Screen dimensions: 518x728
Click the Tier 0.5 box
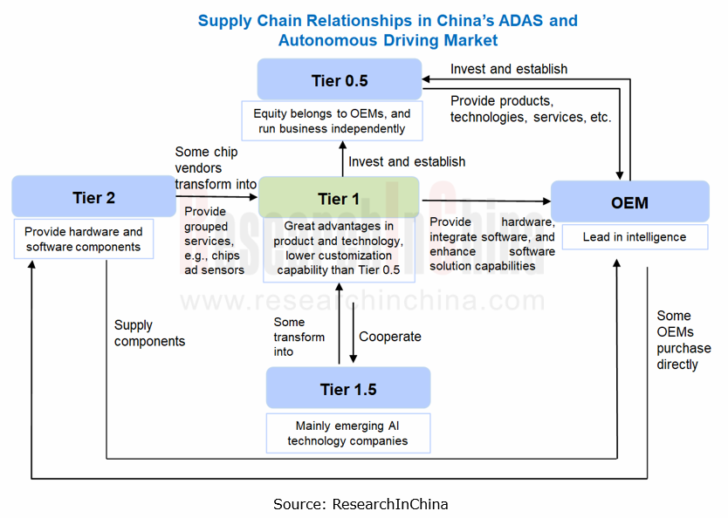(340, 81)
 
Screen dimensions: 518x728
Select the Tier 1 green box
(339, 199)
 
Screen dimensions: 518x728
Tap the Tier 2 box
(93, 198)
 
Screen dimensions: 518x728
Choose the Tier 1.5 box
(348, 389)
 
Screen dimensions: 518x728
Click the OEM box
(629, 202)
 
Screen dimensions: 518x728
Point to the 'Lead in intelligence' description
(635, 236)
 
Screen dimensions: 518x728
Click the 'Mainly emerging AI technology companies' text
(347, 433)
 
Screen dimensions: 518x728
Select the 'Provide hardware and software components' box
(83, 240)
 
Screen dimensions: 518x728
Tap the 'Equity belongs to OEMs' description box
(332, 121)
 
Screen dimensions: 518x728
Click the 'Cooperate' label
(389, 337)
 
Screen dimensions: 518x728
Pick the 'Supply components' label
(149, 333)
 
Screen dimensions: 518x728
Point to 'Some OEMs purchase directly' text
(683, 340)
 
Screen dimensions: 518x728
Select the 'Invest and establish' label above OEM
(508, 69)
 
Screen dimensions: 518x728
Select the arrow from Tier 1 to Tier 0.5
(340, 159)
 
